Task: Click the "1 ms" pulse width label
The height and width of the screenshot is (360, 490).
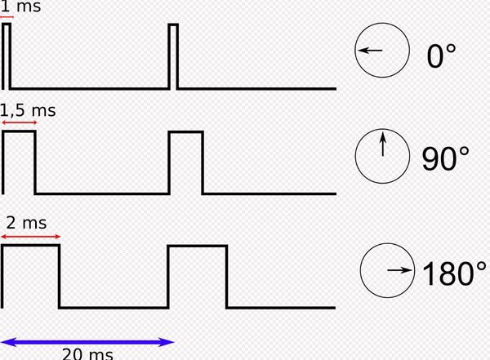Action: [x=20, y=6]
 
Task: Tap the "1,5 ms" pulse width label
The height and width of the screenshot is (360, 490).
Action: [x=28, y=110]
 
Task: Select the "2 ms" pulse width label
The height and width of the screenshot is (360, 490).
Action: [x=26, y=223]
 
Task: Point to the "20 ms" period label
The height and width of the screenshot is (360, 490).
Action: [x=88, y=354]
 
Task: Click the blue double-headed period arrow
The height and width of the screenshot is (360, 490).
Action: [x=87, y=342]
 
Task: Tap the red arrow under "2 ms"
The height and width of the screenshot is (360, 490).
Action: [x=31, y=237]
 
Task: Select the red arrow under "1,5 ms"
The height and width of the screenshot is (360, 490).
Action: [x=20, y=122]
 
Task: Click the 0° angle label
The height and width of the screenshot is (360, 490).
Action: [x=441, y=56]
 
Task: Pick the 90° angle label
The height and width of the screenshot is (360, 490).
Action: [x=445, y=158]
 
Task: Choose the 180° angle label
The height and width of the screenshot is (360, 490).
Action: [x=454, y=273]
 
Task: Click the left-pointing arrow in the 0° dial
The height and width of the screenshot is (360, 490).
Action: [x=370, y=50]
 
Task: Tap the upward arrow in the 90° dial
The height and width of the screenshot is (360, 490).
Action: [x=383, y=144]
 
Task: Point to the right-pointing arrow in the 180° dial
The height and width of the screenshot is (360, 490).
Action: [x=400, y=270]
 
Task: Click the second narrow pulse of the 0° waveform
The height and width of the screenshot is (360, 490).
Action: [x=173, y=24]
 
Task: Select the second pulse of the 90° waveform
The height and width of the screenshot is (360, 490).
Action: [x=186, y=132]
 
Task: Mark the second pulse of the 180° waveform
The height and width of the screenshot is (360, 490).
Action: [x=198, y=247]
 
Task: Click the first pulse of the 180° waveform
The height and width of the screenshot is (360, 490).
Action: [x=31, y=246]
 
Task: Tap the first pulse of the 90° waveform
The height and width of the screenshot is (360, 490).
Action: [x=20, y=131]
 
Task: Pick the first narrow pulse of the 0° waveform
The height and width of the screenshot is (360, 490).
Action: [x=7, y=24]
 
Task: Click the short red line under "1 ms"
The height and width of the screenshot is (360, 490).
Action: [x=7, y=17]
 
